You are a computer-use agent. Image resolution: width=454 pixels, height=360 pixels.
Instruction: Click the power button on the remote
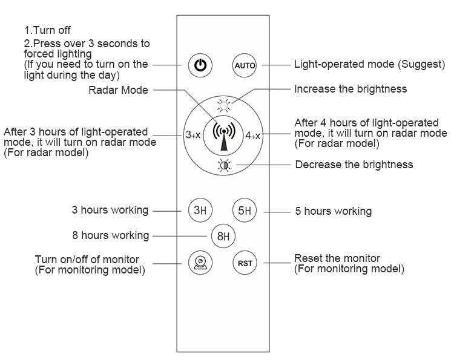point(200,65)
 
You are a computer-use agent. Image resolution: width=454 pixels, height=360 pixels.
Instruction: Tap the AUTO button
point(245,65)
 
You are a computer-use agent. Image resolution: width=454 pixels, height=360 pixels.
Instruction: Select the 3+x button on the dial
point(192,135)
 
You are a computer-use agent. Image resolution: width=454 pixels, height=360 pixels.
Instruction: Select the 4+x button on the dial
point(253,136)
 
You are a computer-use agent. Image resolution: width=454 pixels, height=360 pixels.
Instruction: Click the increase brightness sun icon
point(224,105)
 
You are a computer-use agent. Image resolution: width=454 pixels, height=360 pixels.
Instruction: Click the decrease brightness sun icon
point(224,166)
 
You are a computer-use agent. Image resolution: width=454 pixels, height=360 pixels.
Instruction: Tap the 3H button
point(199,211)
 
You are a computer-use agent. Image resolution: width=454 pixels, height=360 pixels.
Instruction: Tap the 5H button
point(245,211)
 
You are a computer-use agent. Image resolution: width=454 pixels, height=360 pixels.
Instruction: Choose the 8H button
point(223,236)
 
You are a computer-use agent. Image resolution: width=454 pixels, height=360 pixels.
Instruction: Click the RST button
point(245,263)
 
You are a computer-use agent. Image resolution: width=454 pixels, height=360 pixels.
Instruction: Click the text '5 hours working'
point(333,211)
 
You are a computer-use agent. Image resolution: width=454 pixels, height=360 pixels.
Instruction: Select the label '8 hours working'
point(110,235)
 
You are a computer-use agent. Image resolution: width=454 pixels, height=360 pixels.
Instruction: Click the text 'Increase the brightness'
point(350,89)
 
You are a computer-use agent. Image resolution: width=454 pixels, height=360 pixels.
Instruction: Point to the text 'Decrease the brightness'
point(354,165)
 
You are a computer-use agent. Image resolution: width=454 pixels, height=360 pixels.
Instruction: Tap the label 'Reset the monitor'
point(337,258)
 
